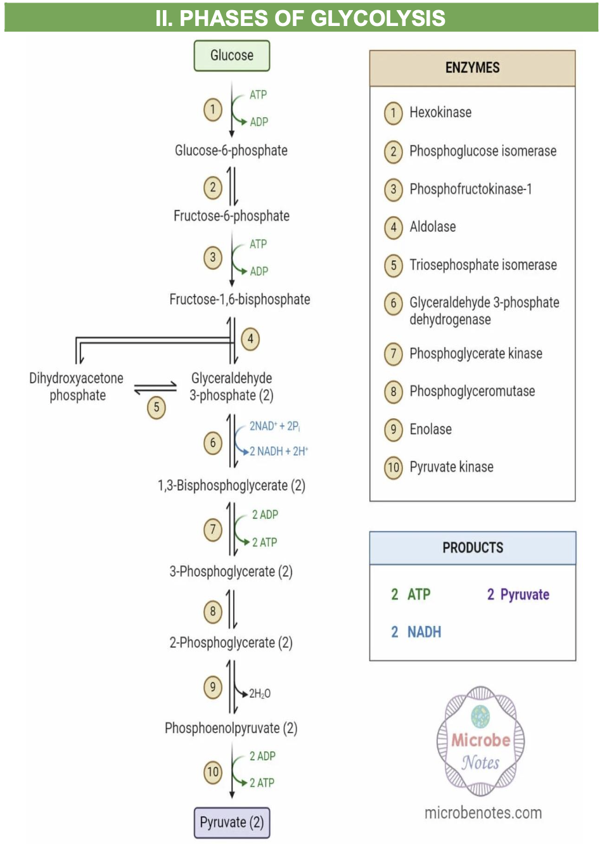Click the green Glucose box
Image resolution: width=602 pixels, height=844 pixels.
click(231, 56)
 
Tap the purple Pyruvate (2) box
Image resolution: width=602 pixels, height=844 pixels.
click(231, 822)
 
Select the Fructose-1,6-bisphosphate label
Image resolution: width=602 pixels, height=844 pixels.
click(240, 299)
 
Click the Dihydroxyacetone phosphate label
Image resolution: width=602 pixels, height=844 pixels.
click(77, 387)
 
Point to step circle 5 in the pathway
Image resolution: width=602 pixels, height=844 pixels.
click(157, 407)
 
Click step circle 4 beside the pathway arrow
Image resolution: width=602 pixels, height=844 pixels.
click(250, 339)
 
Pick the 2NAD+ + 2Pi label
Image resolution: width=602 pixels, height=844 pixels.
click(274, 426)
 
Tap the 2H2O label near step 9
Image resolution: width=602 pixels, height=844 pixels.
click(260, 694)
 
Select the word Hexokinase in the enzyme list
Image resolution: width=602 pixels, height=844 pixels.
click(440, 112)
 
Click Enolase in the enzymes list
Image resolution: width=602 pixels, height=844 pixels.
click(431, 429)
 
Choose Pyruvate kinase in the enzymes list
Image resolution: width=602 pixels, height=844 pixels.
click(451, 467)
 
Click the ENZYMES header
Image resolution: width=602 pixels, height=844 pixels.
click(472, 68)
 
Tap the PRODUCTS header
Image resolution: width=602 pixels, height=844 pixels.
click(473, 547)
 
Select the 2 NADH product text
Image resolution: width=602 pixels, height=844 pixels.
click(416, 632)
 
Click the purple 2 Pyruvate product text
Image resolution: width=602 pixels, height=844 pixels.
click(518, 594)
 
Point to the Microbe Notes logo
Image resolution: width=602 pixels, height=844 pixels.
click(480, 741)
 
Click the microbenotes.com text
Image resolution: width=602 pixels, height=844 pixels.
click(483, 812)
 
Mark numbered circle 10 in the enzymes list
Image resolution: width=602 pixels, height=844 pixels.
click(394, 468)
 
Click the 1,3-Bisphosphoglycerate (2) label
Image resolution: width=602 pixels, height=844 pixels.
click(231, 485)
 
